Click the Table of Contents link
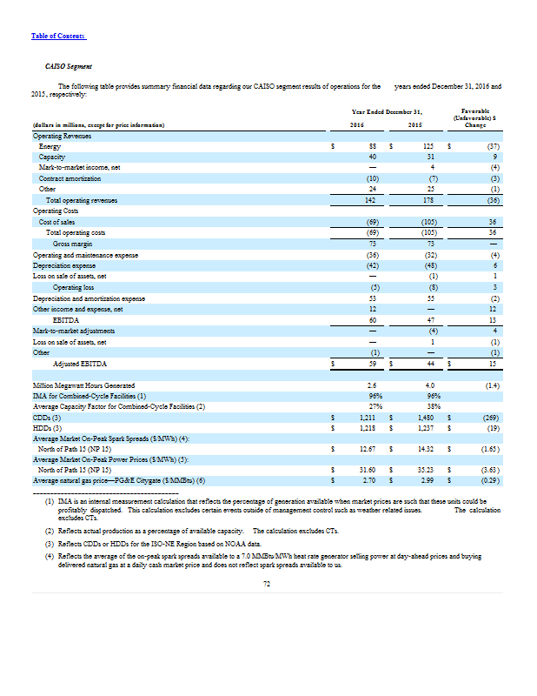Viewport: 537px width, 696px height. click(x=58, y=35)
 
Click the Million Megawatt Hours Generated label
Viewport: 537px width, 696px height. click(x=83, y=385)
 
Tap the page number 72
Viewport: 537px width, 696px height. click(x=268, y=585)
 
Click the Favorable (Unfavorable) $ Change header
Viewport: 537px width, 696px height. click(x=474, y=118)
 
